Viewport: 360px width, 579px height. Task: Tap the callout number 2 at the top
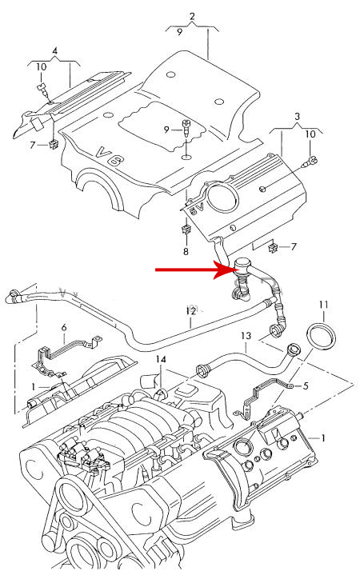tap(192, 17)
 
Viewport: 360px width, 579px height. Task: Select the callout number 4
tap(55, 50)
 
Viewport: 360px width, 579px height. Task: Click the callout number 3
tap(298, 117)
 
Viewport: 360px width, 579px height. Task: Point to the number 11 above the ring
tap(323, 305)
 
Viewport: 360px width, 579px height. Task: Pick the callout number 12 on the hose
tap(191, 311)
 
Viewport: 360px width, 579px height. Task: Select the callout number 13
tap(246, 336)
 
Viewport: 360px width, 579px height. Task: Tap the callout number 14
tap(161, 359)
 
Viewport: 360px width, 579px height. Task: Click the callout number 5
tap(306, 386)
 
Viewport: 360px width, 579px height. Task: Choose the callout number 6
tap(64, 327)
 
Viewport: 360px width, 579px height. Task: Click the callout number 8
tap(186, 251)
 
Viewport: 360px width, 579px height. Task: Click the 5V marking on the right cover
tap(197, 211)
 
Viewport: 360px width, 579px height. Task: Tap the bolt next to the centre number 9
tap(186, 130)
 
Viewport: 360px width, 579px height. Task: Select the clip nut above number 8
tap(186, 230)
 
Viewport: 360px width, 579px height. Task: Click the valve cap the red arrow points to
tap(242, 264)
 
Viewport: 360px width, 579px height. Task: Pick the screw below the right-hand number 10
tap(310, 162)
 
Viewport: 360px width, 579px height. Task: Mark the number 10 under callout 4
tap(42, 67)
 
